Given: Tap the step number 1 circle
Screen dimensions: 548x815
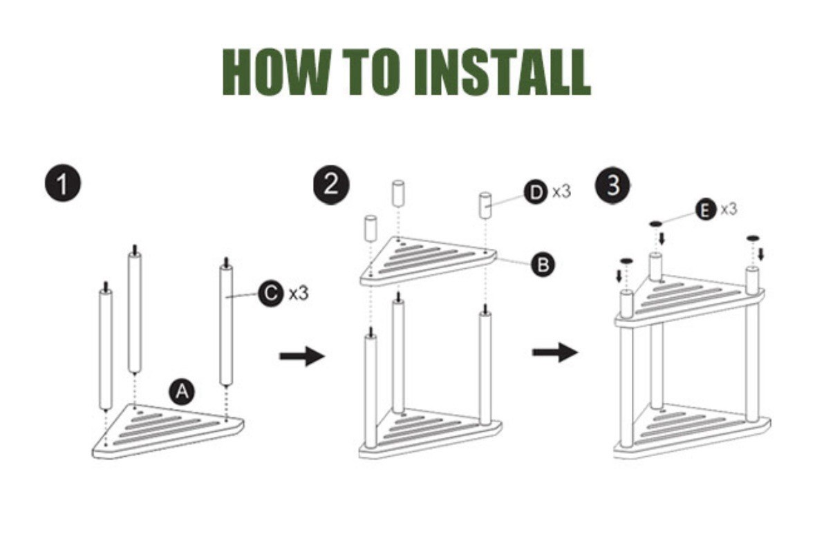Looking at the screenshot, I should tap(64, 186).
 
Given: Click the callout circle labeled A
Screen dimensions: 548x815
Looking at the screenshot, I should tap(182, 392).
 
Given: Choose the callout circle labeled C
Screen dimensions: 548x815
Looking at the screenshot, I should tap(270, 293).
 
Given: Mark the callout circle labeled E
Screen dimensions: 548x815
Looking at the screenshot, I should tap(705, 209).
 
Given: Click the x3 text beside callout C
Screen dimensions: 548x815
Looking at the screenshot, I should tap(299, 294).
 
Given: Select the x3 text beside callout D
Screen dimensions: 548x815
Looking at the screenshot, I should tap(561, 192).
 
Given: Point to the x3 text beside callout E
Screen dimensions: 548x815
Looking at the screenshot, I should tap(729, 209).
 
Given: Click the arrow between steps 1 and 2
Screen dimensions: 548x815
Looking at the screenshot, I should tap(302, 357).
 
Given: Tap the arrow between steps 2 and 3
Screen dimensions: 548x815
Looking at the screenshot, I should tap(554, 352).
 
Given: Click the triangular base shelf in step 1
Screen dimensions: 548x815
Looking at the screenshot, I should tap(166, 429).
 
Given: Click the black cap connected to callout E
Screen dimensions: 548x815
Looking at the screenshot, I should tap(655, 223).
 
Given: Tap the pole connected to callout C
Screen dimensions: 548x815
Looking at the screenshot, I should tap(225, 325).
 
